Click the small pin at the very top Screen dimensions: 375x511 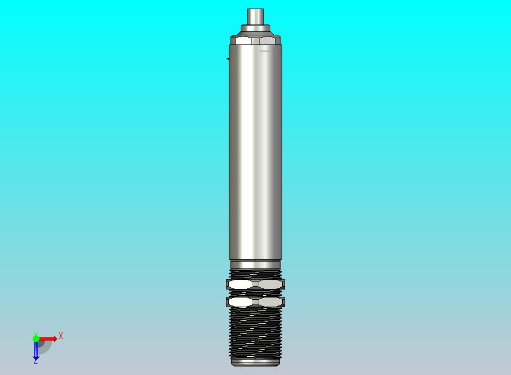point(255,16)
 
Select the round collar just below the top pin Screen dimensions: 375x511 point(255,28)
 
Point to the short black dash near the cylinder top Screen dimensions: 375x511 point(265,51)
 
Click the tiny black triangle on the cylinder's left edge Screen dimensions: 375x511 point(228,59)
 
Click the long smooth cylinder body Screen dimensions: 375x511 point(255,154)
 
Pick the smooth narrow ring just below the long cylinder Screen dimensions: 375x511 point(255,264)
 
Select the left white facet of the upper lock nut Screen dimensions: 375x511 point(241,284)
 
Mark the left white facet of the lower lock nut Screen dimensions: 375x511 point(241,301)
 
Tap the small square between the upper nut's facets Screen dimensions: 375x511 point(255,284)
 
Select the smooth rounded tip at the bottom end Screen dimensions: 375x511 point(255,361)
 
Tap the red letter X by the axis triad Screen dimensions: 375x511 point(61,336)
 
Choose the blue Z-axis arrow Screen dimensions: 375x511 point(36,350)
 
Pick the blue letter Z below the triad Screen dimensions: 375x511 point(35,361)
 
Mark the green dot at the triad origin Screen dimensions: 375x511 point(36,339)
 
